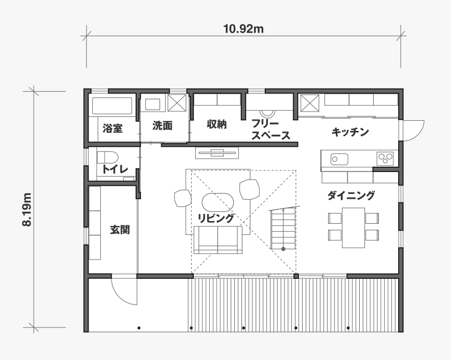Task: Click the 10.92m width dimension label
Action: (243, 29)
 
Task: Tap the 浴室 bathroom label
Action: (113, 128)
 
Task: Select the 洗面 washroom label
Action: (162, 126)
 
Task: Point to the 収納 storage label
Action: (217, 124)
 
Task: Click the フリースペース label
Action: (271, 129)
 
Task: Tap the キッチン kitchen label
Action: (350, 132)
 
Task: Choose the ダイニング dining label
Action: (351, 195)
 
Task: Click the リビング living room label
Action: (216, 218)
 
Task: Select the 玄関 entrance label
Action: (120, 230)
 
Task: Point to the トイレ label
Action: (115, 169)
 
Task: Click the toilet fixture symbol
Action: (108, 158)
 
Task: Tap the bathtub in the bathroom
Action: (112, 106)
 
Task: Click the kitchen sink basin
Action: (339, 159)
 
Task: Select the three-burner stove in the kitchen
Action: (385, 158)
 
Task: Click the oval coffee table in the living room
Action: (218, 202)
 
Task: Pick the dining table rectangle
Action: (353, 228)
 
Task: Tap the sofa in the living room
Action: (218, 240)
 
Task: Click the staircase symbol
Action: (283, 228)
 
